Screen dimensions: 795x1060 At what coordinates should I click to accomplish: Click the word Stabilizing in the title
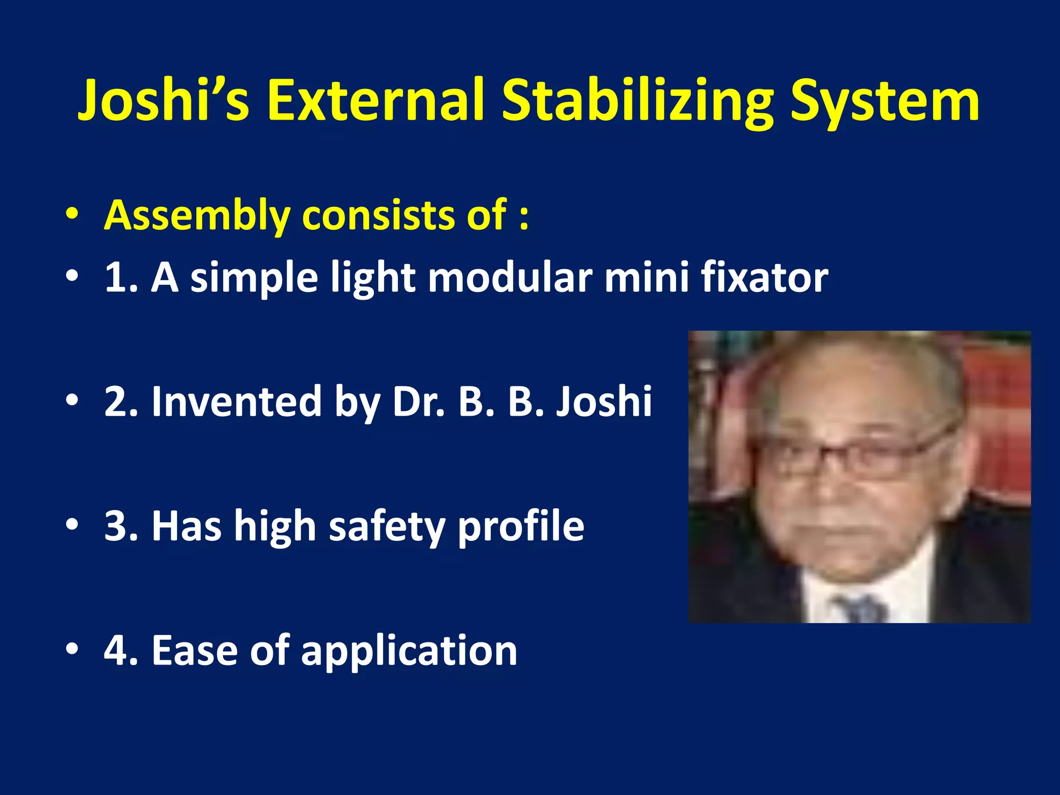click(637, 101)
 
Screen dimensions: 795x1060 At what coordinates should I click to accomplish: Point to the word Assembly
click(197, 215)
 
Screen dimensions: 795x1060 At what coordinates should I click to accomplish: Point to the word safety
click(387, 527)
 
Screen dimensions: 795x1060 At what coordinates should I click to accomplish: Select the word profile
click(521, 527)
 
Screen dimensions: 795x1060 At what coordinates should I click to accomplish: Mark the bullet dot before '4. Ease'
click(72, 649)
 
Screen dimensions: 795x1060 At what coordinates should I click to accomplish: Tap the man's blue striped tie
click(859, 608)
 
